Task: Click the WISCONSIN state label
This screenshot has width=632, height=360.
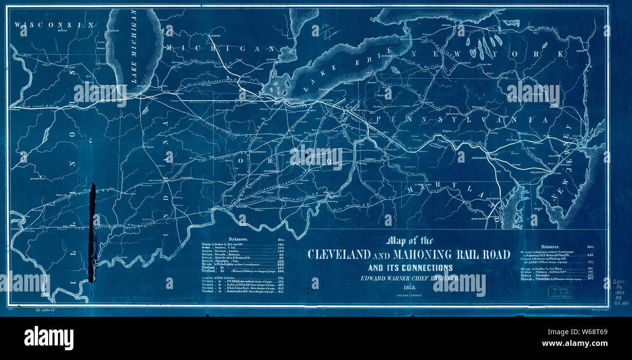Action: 53,25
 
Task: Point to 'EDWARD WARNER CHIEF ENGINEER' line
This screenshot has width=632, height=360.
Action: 409,278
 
